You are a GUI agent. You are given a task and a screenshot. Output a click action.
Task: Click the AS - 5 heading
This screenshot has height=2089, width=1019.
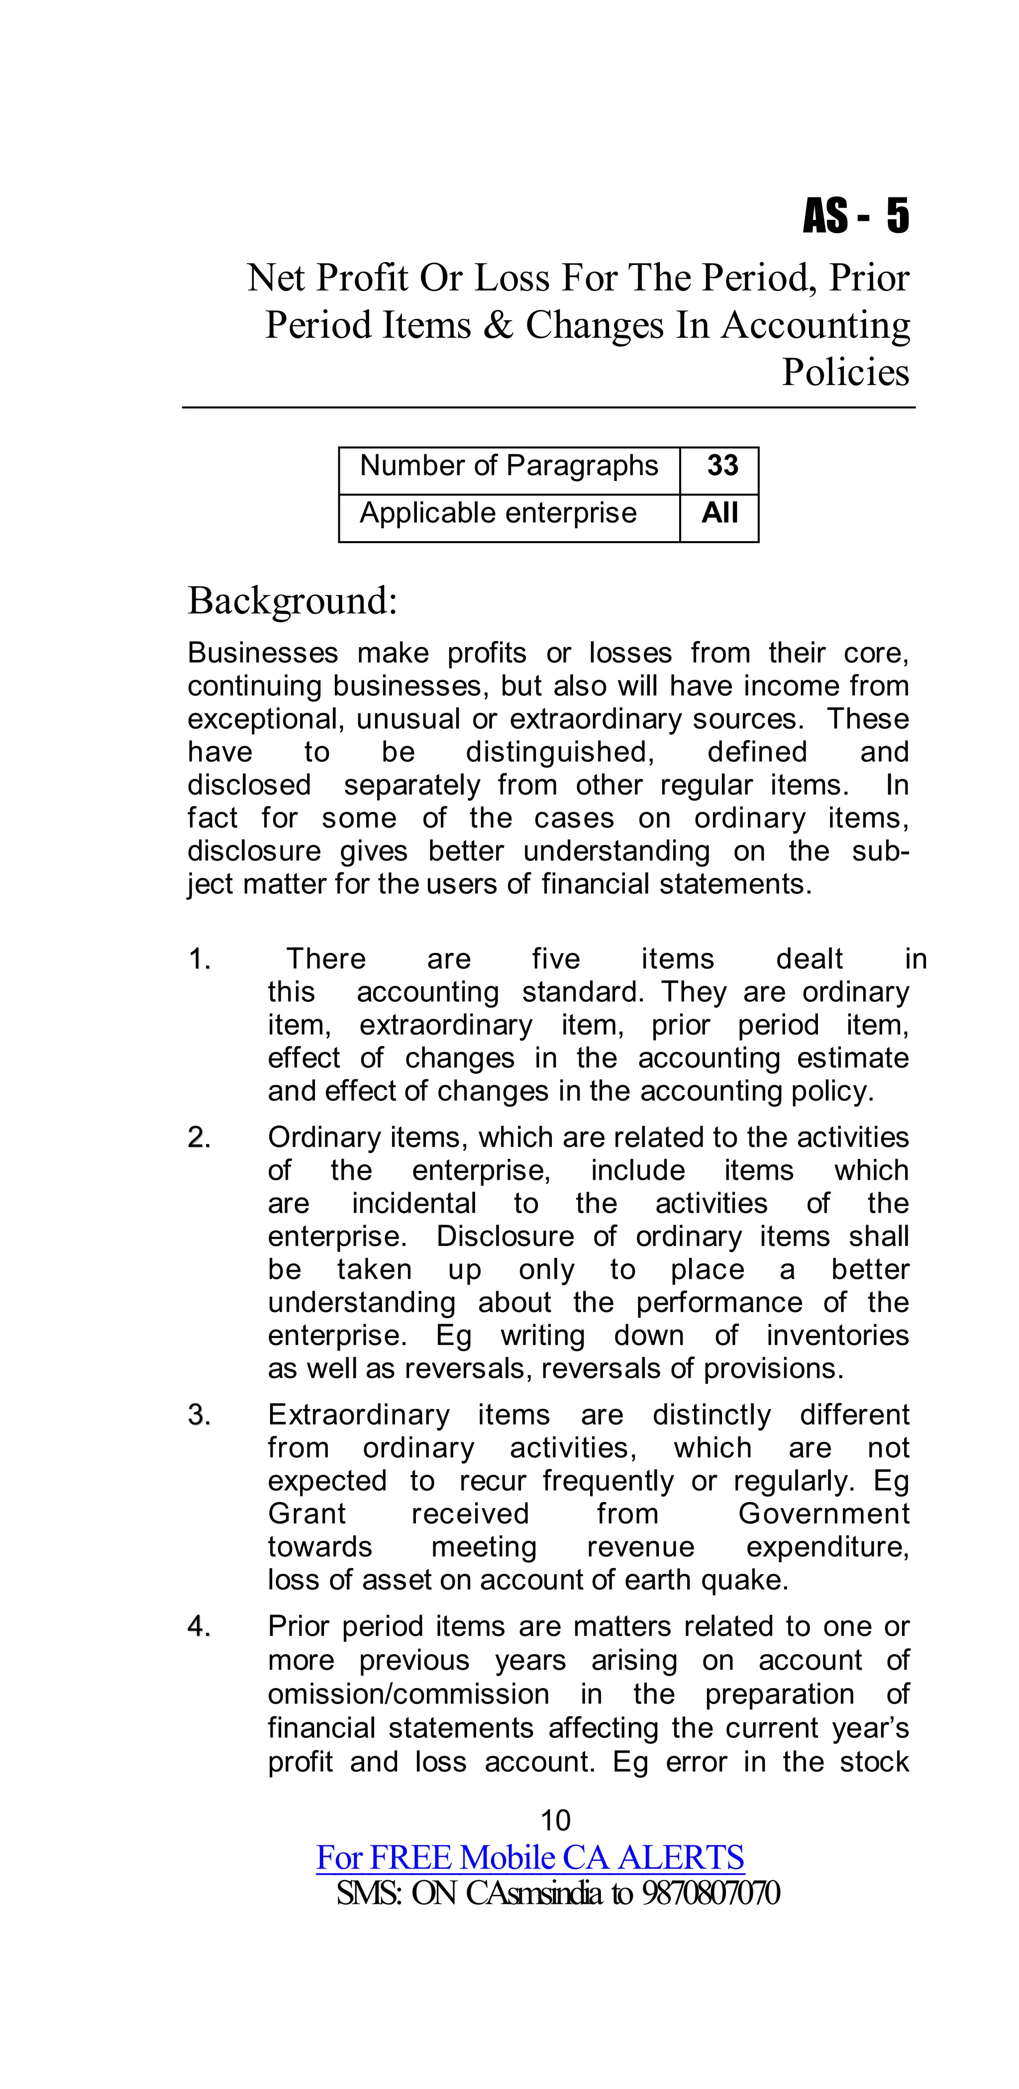(x=856, y=216)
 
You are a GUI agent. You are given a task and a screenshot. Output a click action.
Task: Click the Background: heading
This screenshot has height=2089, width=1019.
(x=292, y=601)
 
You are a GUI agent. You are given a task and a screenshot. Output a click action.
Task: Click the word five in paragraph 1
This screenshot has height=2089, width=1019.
(x=556, y=959)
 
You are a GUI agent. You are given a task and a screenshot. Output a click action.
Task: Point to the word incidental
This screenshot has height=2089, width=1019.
(x=414, y=1204)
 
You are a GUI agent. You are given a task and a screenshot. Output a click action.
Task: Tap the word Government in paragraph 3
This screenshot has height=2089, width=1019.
(x=823, y=1514)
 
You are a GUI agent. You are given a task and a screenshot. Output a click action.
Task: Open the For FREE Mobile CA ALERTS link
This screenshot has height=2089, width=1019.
(x=530, y=1857)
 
